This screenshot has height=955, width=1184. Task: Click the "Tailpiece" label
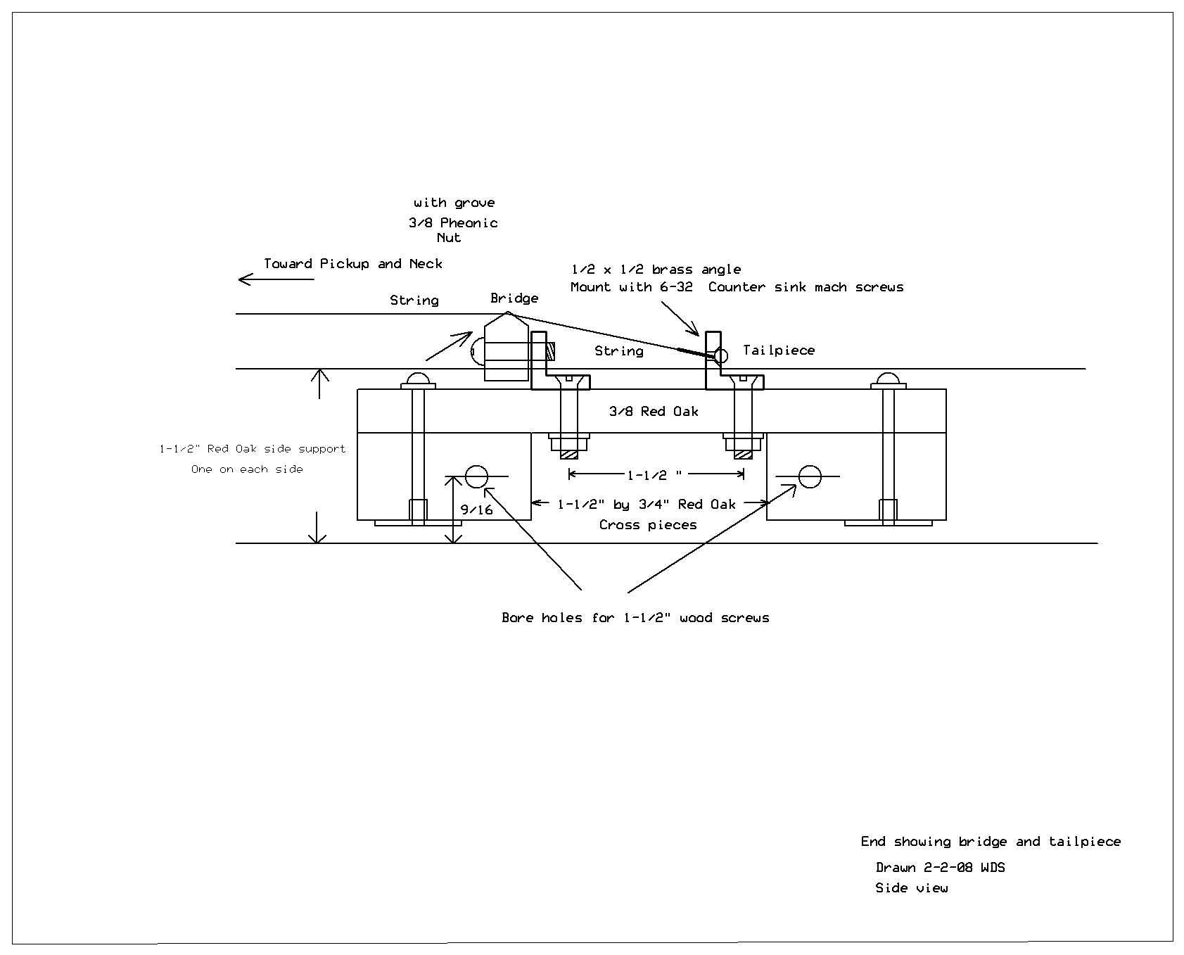[x=779, y=350]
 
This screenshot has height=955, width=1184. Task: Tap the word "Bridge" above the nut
[x=514, y=298]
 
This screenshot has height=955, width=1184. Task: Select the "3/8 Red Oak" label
[x=654, y=412]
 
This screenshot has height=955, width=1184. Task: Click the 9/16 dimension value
[x=476, y=510]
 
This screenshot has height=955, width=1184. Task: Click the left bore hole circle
[x=476, y=476]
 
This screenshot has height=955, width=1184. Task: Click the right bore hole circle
[x=810, y=476]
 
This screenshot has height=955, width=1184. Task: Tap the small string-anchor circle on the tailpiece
[x=720, y=355]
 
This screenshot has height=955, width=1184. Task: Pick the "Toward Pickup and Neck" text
[x=353, y=264]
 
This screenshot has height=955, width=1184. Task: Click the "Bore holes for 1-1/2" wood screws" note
[x=635, y=618]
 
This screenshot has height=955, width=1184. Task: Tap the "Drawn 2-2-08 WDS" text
[x=940, y=867]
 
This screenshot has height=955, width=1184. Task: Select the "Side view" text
[x=911, y=888]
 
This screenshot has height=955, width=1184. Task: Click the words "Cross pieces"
[x=648, y=525]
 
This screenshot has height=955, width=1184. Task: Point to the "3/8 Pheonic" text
[x=454, y=223]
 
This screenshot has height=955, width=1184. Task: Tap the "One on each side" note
[x=247, y=469]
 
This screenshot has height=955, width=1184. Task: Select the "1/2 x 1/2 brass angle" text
[x=656, y=270]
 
